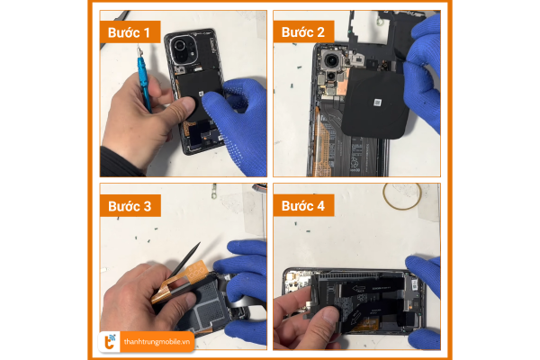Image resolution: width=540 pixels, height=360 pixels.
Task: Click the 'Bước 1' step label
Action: [x=130, y=32]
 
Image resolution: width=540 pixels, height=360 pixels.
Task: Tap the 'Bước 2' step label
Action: [x=303, y=32]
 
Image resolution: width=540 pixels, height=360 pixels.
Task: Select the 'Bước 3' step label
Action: [x=130, y=206]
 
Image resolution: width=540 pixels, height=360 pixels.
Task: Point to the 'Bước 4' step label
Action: [x=303, y=206]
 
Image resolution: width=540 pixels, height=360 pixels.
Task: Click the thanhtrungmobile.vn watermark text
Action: [x=157, y=342]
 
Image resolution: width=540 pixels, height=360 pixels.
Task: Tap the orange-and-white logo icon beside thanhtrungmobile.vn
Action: [x=110, y=342]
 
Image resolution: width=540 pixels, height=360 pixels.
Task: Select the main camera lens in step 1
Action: [x=180, y=46]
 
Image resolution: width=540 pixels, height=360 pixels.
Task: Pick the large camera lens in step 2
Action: [x=332, y=61]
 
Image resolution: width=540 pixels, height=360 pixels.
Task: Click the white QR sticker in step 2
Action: [x=378, y=103]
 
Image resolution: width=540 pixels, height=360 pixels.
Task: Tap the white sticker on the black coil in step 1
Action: [x=201, y=94]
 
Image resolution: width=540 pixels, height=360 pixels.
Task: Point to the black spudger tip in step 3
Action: [x=199, y=244]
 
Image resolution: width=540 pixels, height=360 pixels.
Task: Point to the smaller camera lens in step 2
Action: [x=330, y=76]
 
